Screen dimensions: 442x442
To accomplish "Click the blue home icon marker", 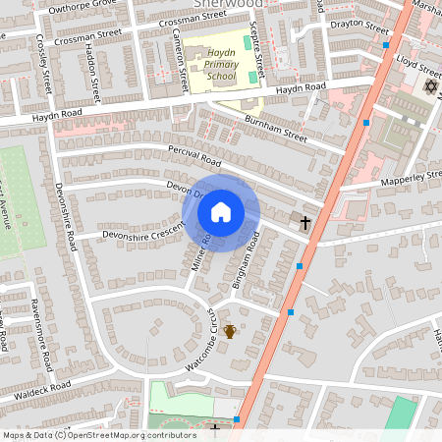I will point(221,211).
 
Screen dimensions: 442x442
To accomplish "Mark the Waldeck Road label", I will point(42,388).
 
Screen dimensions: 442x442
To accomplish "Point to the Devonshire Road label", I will point(65,215).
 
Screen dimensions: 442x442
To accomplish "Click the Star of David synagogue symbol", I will point(428,87).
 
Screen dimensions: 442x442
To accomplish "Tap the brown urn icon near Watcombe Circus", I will point(230,332).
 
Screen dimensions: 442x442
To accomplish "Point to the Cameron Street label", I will point(179,59).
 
